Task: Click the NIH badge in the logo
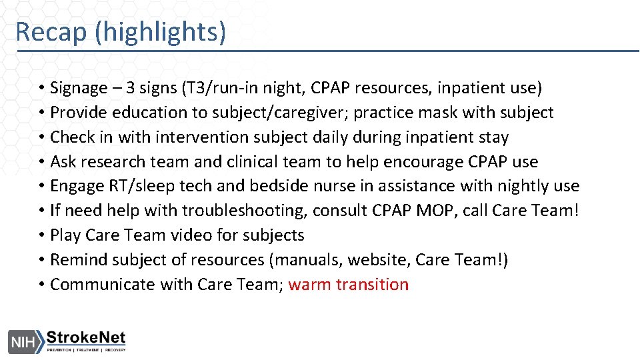(x=22, y=341)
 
